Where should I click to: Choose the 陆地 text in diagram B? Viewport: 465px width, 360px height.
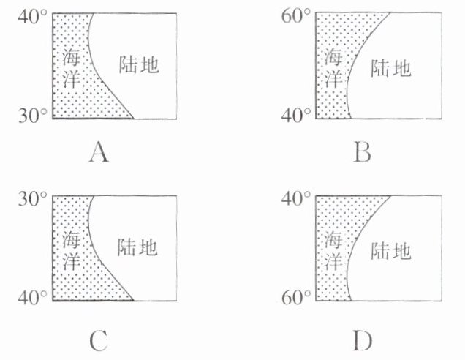tap(391, 69)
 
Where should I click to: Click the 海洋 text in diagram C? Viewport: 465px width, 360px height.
tap(70, 250)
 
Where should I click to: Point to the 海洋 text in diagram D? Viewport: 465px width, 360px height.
tap(333, 250)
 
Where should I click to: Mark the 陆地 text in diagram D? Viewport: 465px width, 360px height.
tap(391, 252)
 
